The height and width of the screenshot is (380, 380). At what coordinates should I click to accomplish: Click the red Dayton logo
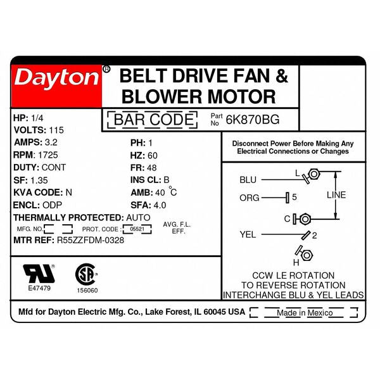[x=56, y=86]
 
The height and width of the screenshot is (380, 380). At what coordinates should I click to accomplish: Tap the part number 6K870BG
[x=253, y=120]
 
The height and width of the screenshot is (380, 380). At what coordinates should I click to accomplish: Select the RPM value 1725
[x=48, y=155]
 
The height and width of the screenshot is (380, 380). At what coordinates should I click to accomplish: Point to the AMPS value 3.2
[x=51, y=142]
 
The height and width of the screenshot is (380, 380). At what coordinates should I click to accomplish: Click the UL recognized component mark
[x=39, y=274]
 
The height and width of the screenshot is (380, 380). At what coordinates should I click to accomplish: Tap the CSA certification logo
[x=87, y=274]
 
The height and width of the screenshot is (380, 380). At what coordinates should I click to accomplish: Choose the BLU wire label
[x=248, y=180]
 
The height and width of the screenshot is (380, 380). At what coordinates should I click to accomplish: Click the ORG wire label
[x=250, y=198]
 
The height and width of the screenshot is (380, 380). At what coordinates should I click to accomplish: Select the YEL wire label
[x=248, y=234]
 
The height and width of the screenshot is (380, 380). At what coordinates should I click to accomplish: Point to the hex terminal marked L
[x=314, y=174]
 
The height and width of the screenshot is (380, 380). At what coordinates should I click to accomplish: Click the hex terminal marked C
[x=305, y=219]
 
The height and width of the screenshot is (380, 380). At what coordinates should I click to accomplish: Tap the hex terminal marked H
[x=307, y=255]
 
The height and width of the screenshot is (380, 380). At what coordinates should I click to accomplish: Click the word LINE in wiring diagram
[x=336, y=195]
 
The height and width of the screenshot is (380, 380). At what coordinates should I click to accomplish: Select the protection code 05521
[x=137, y=229]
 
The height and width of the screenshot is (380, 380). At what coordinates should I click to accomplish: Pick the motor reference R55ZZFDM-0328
[x=91, y=240]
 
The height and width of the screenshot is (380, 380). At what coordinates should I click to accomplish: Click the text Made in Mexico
[x=305, y=313]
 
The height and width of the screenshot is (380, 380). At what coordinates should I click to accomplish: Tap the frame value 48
[x=152, y=168]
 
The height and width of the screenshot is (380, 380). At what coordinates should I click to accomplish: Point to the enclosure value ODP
[x=52, y=205]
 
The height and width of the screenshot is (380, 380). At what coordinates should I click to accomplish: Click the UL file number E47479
[x=39, y=288]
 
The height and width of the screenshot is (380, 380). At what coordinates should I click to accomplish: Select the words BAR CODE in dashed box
[x=154, y=120]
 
